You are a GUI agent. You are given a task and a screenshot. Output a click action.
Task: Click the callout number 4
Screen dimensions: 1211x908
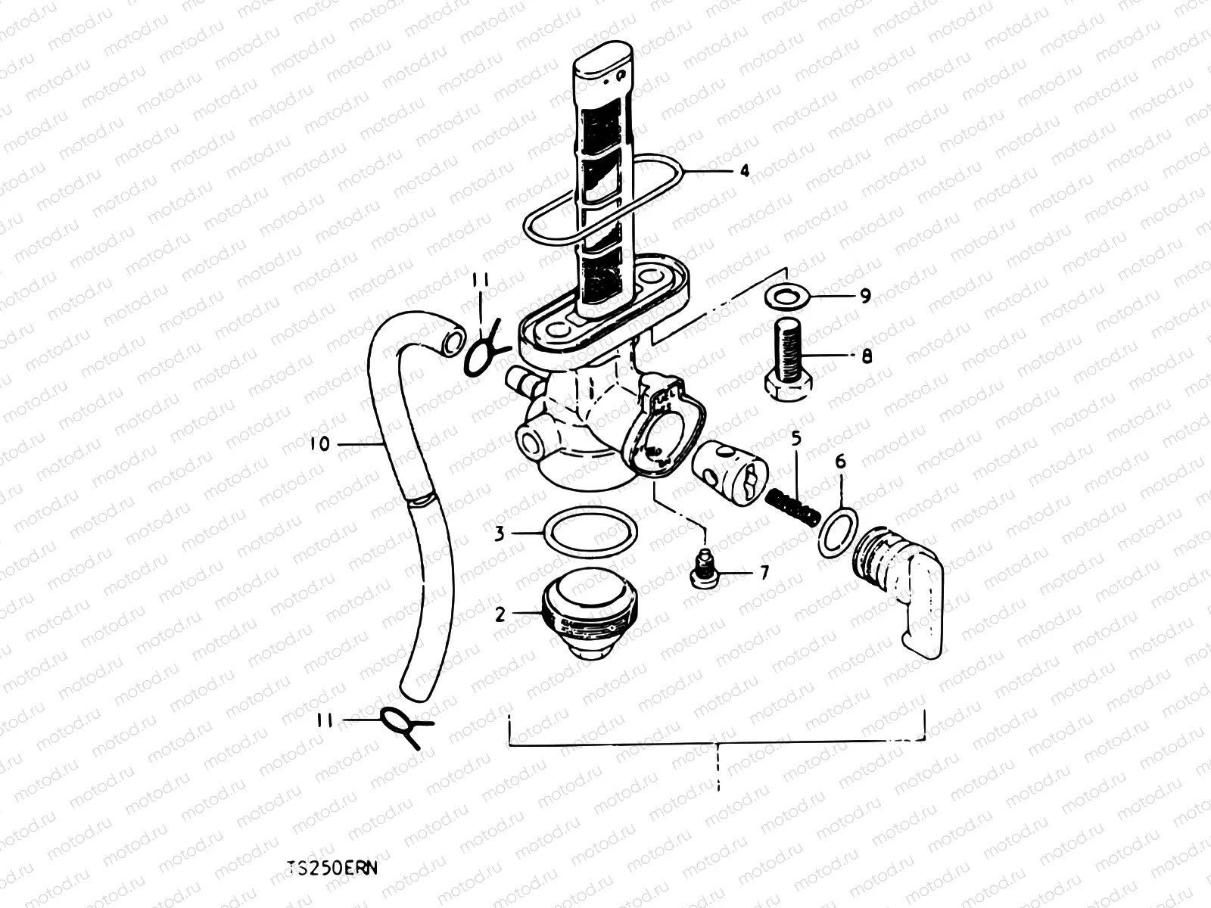pos(744,171)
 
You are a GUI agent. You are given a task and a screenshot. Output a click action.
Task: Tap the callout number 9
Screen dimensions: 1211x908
pos(865,296)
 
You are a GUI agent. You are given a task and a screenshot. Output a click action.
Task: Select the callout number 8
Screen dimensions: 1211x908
pos(867,356)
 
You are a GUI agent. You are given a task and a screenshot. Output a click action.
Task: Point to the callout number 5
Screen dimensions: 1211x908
pos(796,439)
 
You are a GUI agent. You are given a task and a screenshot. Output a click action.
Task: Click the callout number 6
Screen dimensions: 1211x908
pos(840,462)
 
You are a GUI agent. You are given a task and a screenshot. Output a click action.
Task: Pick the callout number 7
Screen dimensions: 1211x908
pos(764,574)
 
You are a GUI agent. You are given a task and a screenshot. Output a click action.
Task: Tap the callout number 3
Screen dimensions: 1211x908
pos(500,533)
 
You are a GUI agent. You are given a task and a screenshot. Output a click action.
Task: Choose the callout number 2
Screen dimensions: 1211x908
pos(500,614)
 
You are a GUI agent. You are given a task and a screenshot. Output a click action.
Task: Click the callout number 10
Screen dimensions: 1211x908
pos(320,444)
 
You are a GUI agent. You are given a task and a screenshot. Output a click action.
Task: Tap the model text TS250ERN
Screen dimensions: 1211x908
pos(332,868)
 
